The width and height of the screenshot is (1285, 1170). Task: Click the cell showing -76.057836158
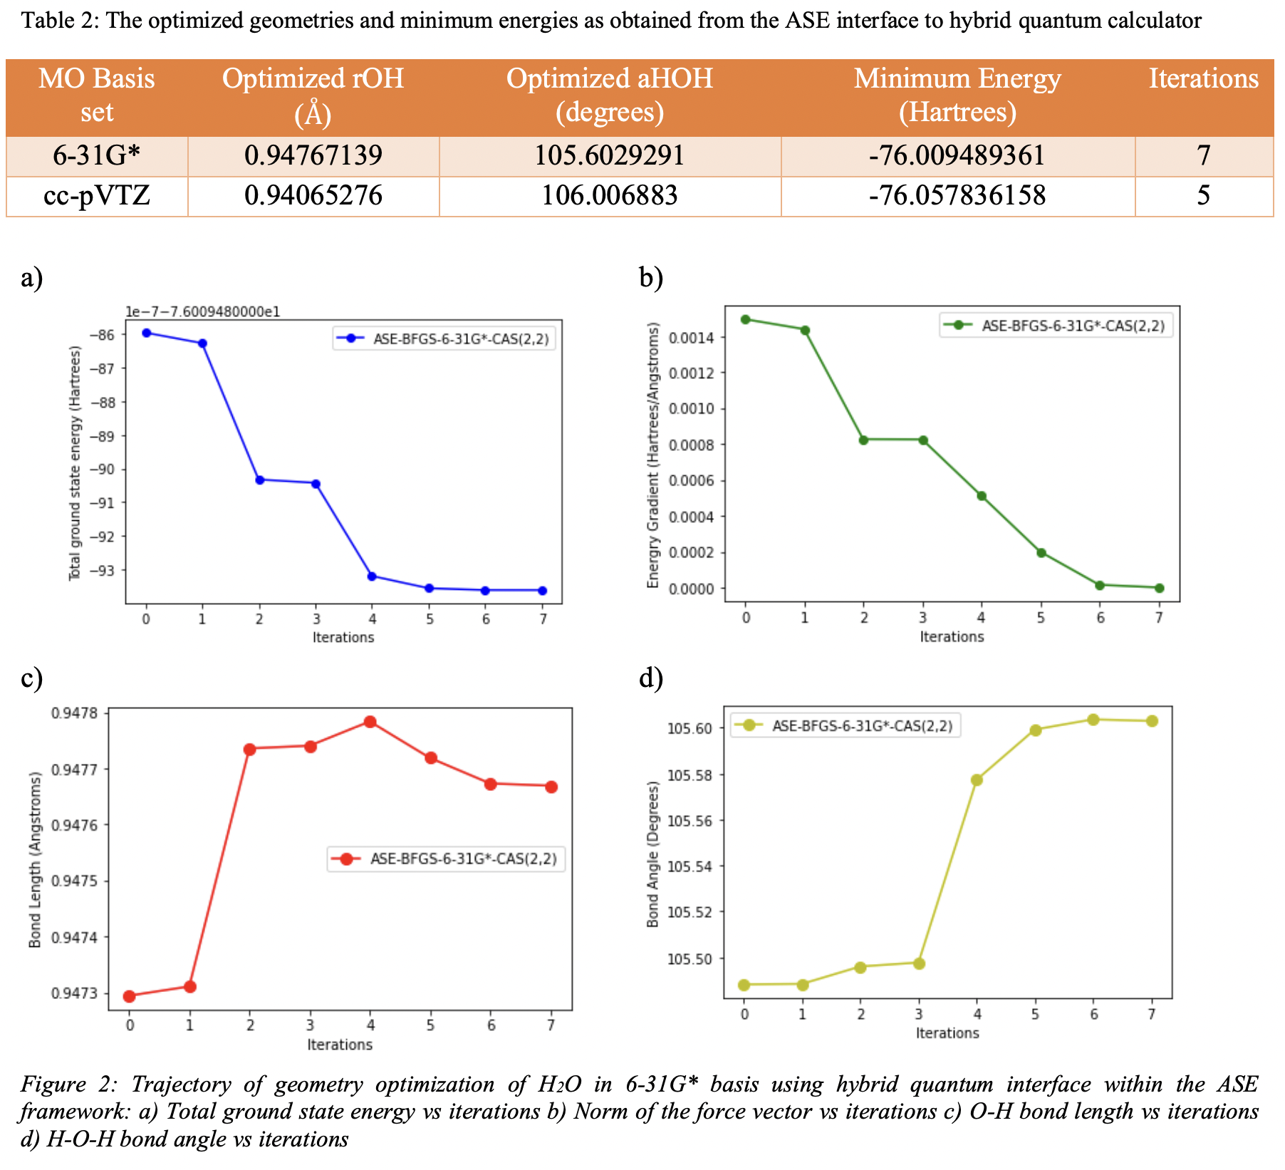pyautogui.click(x=957, y=195)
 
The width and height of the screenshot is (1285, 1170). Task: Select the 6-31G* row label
pyautogui.click(x=96, y=155)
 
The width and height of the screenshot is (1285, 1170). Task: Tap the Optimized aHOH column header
pyautogui.click(x=609, y=95)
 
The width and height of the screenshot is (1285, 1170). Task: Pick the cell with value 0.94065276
pyautogui.click(x=313, y=195)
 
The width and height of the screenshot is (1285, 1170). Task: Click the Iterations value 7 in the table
pyautogui.click(x=1203, y=155)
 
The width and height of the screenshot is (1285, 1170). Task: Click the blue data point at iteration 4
pyautogui.click(x=372, y=576)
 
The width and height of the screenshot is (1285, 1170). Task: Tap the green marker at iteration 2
pyautogui.click(x=863, y=440)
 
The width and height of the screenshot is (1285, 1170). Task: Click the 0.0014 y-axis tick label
pyautogui.click(x=687, y=338)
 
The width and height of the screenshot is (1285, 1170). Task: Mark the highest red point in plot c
pyautogui.click(x=370, y=722)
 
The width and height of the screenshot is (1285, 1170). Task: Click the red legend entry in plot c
pyautogui.click(x=446, y=859)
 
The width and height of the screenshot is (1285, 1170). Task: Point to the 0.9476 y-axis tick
pyautogui.click(x=74, y=825)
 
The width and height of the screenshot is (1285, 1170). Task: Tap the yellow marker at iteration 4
pyautogui.click(x=977, y=780)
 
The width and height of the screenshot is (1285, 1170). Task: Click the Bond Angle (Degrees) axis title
pyautogui.click(x=652, y=854)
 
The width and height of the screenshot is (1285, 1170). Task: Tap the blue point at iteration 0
pyautogui.click(x=146, y=333)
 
